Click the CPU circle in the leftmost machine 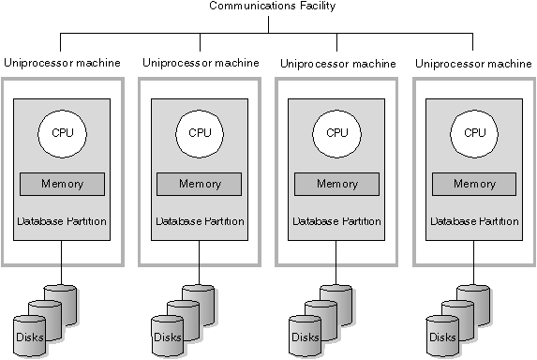(62, 132)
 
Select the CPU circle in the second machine (200, 132)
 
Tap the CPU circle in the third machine (336, 132)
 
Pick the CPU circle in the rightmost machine (474, 132)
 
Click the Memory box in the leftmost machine (62, 184)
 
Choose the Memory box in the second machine (200, 184)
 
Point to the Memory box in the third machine (336, 184)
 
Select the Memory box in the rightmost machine (474, 184)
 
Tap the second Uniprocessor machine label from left (201, 63)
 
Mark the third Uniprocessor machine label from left (337, 64)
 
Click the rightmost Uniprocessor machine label (473, 64)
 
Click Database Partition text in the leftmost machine (62, 221)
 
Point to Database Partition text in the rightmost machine (474, 221)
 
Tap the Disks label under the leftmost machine (29, 337)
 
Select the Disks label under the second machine (167, 337)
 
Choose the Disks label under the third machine (305, 337)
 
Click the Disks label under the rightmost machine (441, 337)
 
